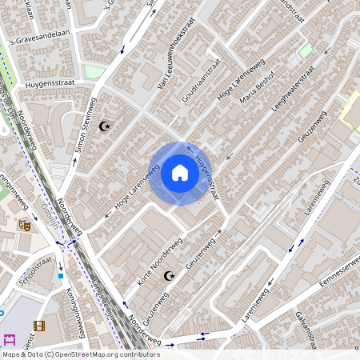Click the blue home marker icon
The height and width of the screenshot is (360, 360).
click(x=180, y=173)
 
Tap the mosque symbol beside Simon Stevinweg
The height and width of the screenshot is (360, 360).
click(x=103, y=126)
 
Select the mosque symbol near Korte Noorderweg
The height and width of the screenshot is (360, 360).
click(x=168, y=276)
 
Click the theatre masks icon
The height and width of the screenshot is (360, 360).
click(x=25, y=226)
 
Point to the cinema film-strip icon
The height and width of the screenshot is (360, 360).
click(x=38, y=326)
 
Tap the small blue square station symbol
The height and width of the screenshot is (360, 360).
click(x=61, y=275)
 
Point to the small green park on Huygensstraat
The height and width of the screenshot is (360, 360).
click(x=94, y=72)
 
